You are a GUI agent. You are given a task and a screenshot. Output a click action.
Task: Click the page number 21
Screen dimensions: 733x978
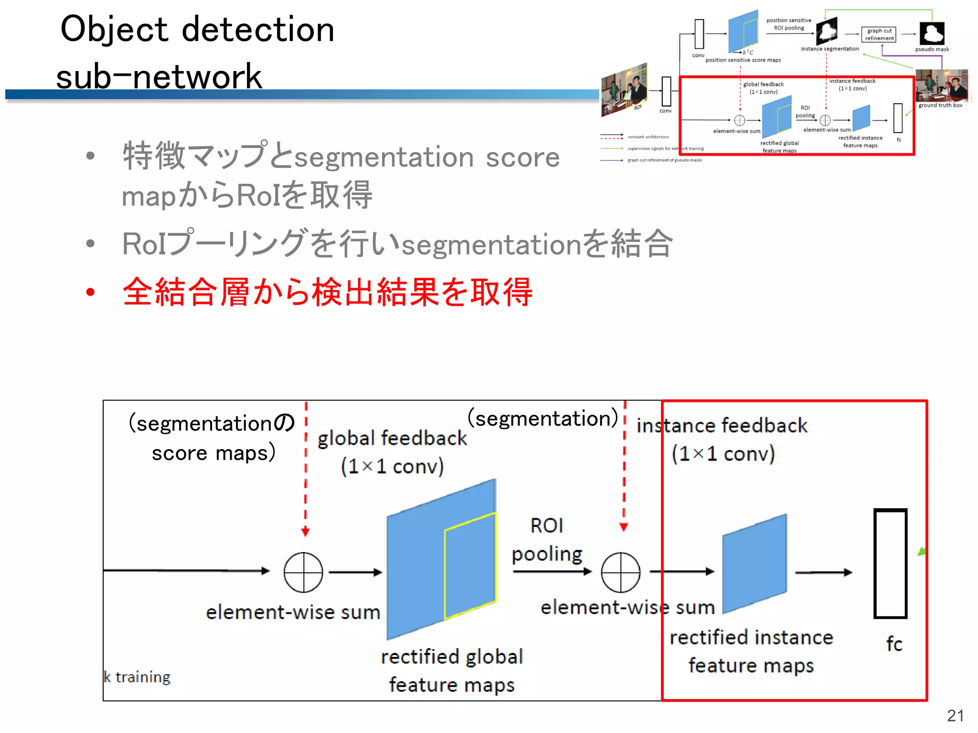pyautogui.click(x=955, y=715)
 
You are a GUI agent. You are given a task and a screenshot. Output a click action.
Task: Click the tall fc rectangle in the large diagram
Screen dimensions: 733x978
pyautogui.click(x=890, y=564)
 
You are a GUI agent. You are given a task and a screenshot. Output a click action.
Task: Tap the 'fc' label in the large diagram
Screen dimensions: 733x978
pyautogui.click(x=894, y=644)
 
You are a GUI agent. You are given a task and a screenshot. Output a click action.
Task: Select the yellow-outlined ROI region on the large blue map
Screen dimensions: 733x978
pyautogui.click(x=470, y=565)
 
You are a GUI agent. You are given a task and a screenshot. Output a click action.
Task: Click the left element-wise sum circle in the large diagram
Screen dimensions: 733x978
pyautogui.click(x=303, y=572)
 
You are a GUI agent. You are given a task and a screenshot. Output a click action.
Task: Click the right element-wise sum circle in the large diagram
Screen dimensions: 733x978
pyautogui.click(x=620, y=572)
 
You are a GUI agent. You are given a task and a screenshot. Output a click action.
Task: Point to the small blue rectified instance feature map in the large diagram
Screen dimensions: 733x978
pyautogui.click(x=755, y=564)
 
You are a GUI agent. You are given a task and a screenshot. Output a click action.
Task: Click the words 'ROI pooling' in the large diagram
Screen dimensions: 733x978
pyautogui.click(x=547, y=540)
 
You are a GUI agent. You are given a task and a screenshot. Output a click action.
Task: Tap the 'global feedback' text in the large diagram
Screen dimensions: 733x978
pyautogui.click(x=392, y=438)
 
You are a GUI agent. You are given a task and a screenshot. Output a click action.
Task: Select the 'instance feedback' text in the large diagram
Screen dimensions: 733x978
pyautogui.click(x=722, y=425)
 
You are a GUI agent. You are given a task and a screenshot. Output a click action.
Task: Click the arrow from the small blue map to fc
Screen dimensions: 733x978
pyautogui.click(x=823, y=572)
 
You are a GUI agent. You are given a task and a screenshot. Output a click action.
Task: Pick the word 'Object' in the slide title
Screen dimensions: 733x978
pyautogui.click(x=114, y=30)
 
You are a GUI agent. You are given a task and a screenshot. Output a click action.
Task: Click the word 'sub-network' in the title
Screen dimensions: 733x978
pyautogui.click(x=159, y=76)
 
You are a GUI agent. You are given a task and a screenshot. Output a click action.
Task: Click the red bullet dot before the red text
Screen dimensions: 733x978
pyautogui.click(x=90, y=292)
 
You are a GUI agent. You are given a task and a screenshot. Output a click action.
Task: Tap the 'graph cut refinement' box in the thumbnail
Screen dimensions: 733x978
pyautogui.click(x=879, y=34)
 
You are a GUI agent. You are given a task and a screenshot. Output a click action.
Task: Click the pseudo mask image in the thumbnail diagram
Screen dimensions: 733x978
pyautogui.click(x=932, y=33)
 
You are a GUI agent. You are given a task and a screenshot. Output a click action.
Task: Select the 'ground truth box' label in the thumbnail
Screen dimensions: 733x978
pyautogui.click(x=940, y=105)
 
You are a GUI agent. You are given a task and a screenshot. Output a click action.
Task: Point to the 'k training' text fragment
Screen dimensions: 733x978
pyautogui.click(x=138, y=677)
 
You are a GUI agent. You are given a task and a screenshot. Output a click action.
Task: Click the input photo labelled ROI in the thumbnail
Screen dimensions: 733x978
pyautogui.click(x=624, y=89)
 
